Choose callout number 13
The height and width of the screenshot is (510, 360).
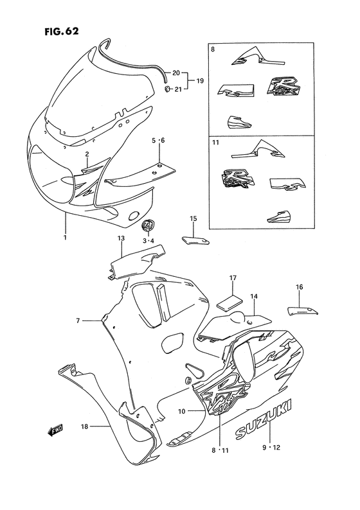coord(120,238)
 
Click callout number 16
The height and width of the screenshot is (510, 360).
coord(299,287)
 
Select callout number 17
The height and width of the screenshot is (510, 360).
coord(233,277)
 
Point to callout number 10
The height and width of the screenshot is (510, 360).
coord(181,410)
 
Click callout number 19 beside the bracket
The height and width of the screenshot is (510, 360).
coord(201,81)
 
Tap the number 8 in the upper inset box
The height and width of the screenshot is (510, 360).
coord(213,48)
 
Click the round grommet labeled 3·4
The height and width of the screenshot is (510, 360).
coord(148,227)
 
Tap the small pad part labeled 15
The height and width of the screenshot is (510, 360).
coord(194,240)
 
